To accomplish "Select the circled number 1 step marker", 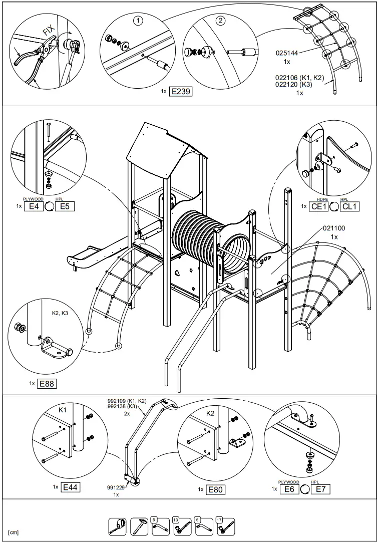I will pos(138,21).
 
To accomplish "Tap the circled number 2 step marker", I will pos(221,21).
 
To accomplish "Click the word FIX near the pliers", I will pos(49,31).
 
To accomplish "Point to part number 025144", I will pos(287,52).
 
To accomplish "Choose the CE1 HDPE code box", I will pos(319,206).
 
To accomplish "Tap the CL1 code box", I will pos(349,206).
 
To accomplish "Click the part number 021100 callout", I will pos(334,228).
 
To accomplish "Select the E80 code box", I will pos(215,489).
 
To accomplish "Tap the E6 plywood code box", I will pos(289,489).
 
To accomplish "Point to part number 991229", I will pos(116,487).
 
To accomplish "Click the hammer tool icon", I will pos(139,525).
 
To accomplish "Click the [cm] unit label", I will pos(14,531).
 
